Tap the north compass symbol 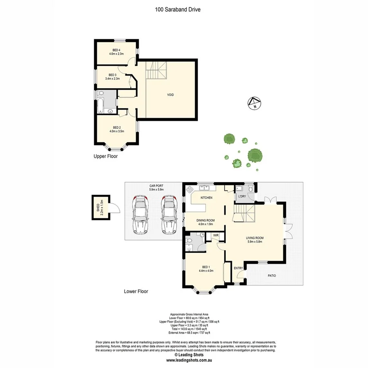coord(254,103)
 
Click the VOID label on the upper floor coord(171,95)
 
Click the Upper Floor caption coord(105,156)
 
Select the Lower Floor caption coord(136,292)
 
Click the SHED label coord(98,208)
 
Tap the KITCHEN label coord(206,198)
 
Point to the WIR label coord(215,236)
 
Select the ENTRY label coord(238,268)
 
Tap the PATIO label coord(272,276)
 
